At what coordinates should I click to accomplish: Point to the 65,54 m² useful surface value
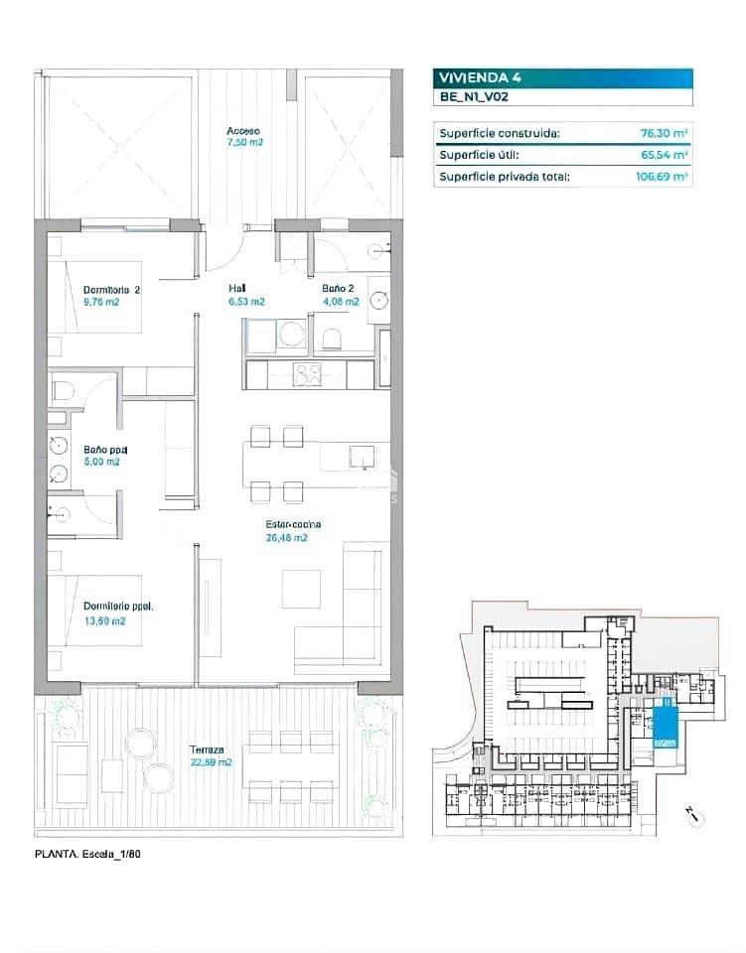pyautogui.click(x=665, y=155)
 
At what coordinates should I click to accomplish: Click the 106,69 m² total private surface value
pyautogui.click(x=663, y=177)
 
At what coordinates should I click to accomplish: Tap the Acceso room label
pyautogui.click(x=243, y=131)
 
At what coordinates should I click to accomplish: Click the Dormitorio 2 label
pyautogui.click(x=111, y=291)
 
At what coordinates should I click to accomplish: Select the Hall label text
pyautogui.click(x=237, y=289)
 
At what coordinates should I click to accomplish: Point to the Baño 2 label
pyautogui.click(x=339, y=289)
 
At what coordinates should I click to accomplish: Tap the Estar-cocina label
pyautogui.click(x=293, y=524)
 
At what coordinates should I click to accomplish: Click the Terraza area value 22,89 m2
pyautogui.click(x=210, y=762)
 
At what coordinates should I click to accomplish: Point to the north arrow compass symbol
pyautogui.click(x=695, y=816)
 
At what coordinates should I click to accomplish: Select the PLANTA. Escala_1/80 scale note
pyautogui.click(x=95, y=853)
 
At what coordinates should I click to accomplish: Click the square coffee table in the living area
pyautogui.click(x=301, y=588)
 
